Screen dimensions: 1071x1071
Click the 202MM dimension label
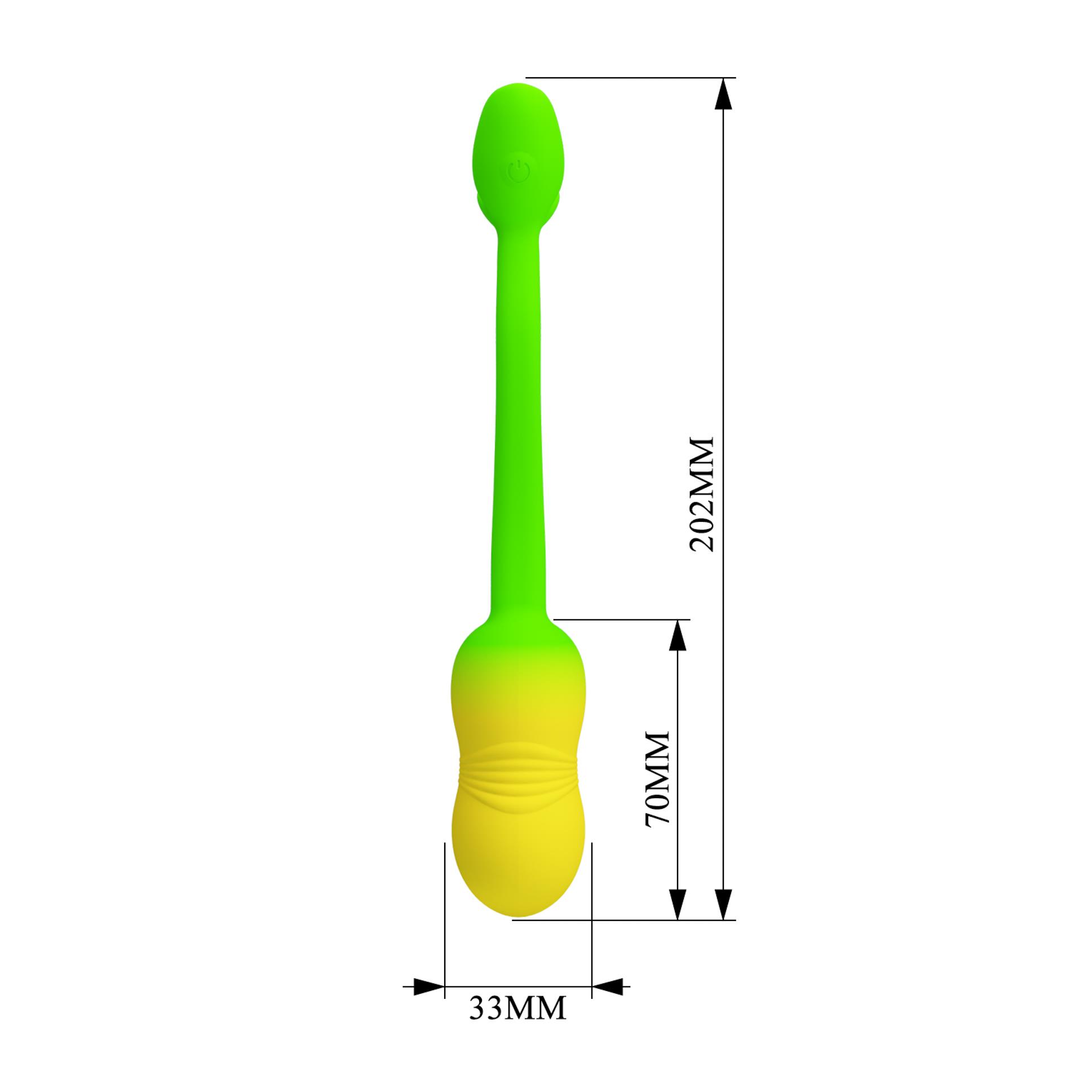coord(702,494)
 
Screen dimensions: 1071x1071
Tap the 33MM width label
coord(517,1008)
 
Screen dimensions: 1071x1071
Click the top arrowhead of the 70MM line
coord(677,637)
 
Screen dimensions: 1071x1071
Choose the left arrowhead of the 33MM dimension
coord(428,986)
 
